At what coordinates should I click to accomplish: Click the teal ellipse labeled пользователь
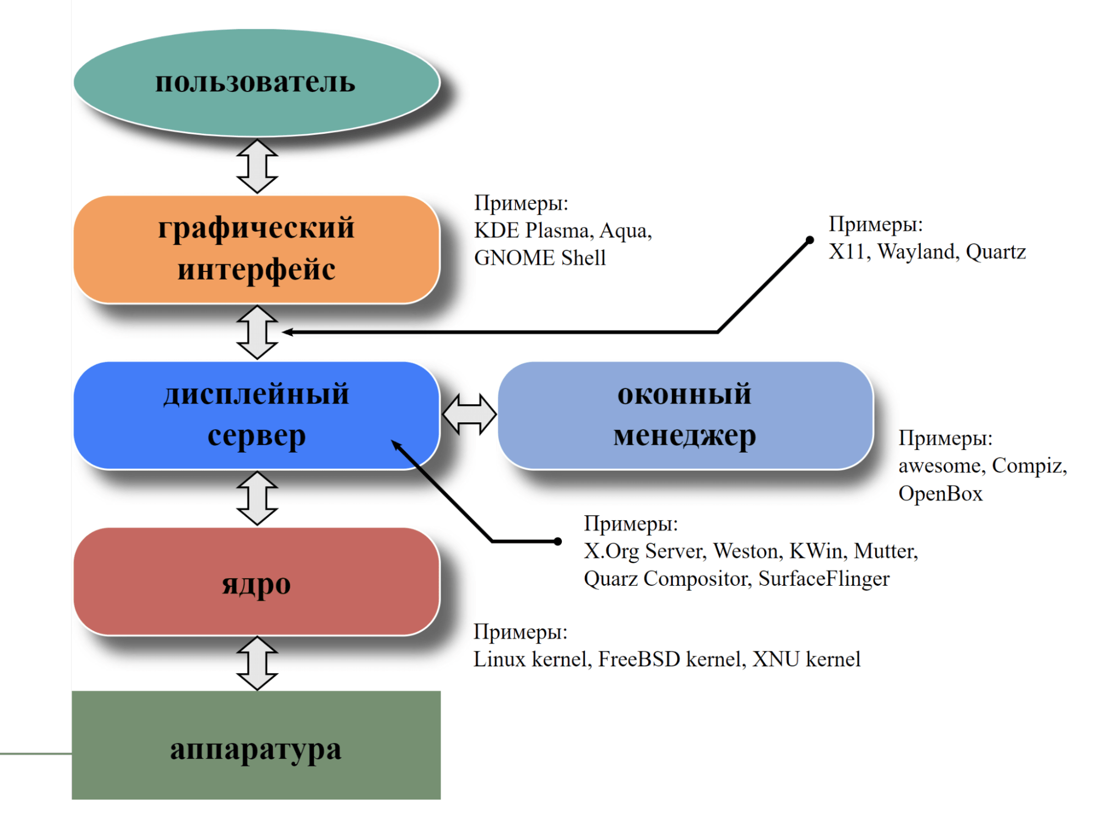tap(256, 83)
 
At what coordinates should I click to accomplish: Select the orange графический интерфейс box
tap(256, 249)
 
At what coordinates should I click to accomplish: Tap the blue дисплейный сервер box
tap(256, 415)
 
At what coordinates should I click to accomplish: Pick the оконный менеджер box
tap(685, 415)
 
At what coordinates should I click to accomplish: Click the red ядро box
tap(256, 582)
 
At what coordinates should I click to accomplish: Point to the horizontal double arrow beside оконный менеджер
tap(469, 414)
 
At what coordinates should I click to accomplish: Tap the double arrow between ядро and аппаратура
tap(257, 663)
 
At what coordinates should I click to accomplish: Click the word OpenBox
tap(940, 493)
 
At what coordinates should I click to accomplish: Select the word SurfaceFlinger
tap(823, 579)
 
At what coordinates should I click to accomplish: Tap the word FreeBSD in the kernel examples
tap(639, 659)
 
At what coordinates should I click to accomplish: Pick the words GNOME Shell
tap(540, 258)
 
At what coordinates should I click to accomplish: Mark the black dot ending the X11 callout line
tap(810, 240)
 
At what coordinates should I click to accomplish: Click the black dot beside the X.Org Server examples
tap(558, 541)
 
